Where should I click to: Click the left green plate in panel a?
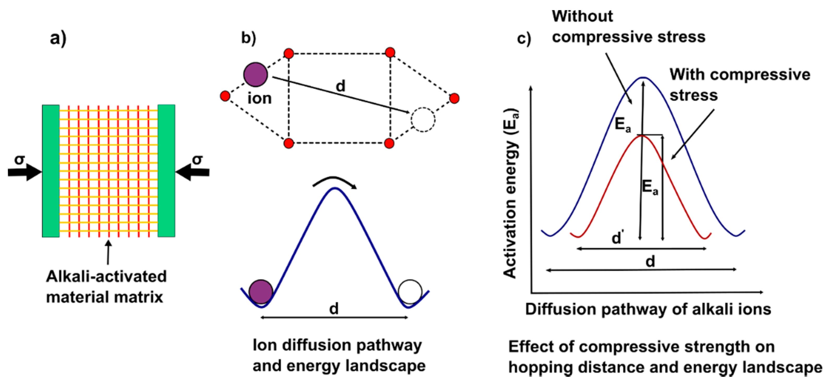coord(51,170)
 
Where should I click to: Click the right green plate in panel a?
coord(166,170)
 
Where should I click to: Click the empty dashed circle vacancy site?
coord(423,120)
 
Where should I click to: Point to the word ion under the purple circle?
coord(259,98)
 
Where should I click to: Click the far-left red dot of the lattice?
coord(225,96)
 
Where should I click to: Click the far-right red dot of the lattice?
coord(454,98)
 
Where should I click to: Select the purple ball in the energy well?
coord(261,291)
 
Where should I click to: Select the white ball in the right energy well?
coord(409,291)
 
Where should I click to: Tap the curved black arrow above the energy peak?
coord(335,182)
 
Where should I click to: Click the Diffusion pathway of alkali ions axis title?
coord(648,309)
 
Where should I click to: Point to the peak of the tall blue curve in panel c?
coord(643,78)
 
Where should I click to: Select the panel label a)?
coord(58,38)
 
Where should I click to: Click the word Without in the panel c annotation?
coord(582,16)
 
